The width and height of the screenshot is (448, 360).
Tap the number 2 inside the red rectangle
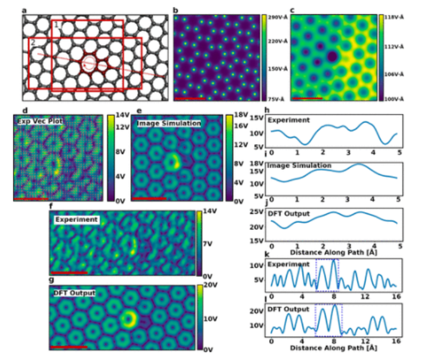click(33, 42)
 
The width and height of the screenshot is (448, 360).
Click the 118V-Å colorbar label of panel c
click(394, 18)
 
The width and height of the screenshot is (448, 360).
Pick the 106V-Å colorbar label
click(394, 74)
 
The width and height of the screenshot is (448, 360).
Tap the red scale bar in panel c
click(307, 98)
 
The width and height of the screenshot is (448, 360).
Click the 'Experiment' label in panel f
click(76, 219)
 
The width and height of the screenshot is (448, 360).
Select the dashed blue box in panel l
click(328, 319)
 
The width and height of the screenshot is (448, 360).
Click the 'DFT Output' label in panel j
click(287, 213)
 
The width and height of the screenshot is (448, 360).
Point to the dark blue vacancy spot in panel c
click(332, 56)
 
